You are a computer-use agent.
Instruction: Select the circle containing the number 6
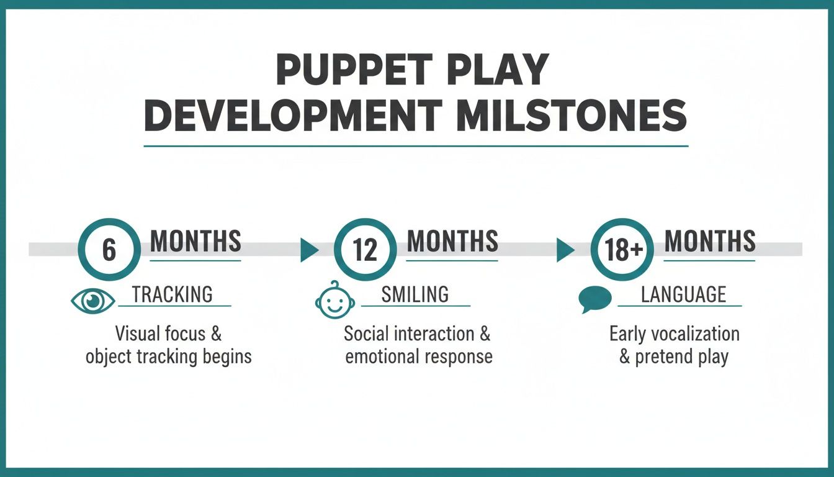pyautogui.click(x=109, y=249)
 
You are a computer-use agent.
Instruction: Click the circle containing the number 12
pyautogui.click(x=365, y=249)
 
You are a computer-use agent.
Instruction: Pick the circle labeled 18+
pyautogui.click(x=621, y=249)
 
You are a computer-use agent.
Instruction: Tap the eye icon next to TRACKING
pyautogui.click(x=93, y=301)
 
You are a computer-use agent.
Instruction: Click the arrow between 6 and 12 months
pyautogui.click(x=308, y=250)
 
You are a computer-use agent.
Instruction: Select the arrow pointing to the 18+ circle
pyautogui.click(x=564, y=250)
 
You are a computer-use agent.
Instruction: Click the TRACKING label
pyautogui.click(x=172, y=294)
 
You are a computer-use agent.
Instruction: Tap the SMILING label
pyautogui.click(x=415, y=294)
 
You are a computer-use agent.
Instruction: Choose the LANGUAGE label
pyautogui.click(x=683, y=294)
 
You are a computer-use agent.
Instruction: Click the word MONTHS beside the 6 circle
pyautogui.click(x=195, y=241)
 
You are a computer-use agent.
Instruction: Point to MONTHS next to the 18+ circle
pyautogui.click(x=710, y=241)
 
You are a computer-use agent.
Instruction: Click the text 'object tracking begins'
pyautogui.click(x=169, y=357)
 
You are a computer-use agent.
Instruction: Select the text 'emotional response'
pyautogui.click(x=419, y=357)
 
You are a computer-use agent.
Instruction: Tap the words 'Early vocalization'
pyautogui.click(x=675, y=334)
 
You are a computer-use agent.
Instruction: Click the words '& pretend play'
pyautogui.click(x=673, y=358)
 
